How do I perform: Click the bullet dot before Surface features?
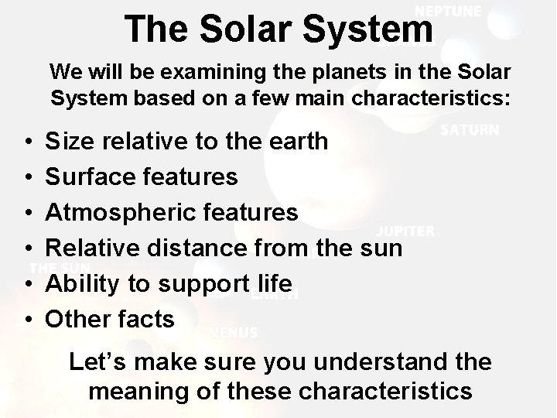(28, 178)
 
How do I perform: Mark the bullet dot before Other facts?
(28, 320)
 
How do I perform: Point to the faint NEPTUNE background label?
(448, 12)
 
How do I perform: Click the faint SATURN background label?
(470, 130)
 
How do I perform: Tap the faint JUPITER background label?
(405, 231)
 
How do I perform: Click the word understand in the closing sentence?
(374, 361)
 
